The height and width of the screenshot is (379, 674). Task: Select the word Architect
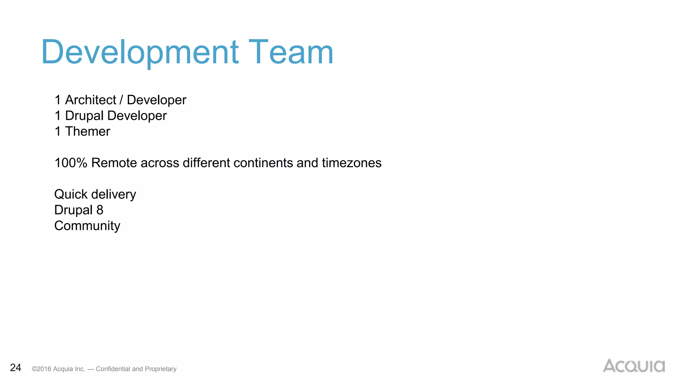pyautogui.click(x=91, y=100)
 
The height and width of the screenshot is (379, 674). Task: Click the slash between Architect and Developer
pyautogui.click(x=121, y=100)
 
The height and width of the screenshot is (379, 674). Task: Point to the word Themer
pyautogui.click(x=88, y=132)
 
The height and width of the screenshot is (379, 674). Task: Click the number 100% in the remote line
pyautogui.click(x=71, y=163)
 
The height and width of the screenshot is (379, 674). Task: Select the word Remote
pyautogui.click(x=114, y=163)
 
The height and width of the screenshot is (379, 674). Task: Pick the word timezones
pyautogui.click(x=351, y=163)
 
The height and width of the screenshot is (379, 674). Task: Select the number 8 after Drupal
pyautogui.click(x=100, y=210)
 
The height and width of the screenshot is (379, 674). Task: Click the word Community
pyautogui.click(x=87, y=226)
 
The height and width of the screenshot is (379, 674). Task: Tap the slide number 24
pyautogui.click(x=15, y=367)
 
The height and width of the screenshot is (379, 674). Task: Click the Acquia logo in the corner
pyautogui.click(x=634, y=366)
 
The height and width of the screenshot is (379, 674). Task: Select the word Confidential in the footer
pyautogui.click(x=113, y=369)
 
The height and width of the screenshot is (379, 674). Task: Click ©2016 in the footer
pyautogui.click(x=41, y=369)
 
